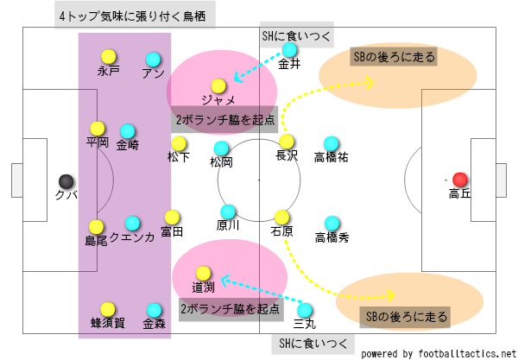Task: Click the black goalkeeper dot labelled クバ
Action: click(x=66, y=180)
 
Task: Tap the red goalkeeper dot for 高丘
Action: click(x=460, y=180)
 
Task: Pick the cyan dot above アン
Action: click(x=153, y=59)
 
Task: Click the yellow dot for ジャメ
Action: click(x=218, y=85)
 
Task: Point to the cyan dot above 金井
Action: click(x=289, y=49)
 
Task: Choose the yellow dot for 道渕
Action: click(x=203, y=273)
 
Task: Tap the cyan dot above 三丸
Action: click(x=304, y=309)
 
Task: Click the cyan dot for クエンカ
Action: click(x=132, y=223)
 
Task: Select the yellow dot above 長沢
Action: click(x=287, y=142)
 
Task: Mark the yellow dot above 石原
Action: click(x=281, y=217)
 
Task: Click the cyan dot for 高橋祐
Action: click(x=331, y=142)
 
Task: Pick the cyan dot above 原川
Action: click(x=228, y=211)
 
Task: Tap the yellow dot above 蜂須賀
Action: click(x=108, y=308)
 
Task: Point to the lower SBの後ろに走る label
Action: click(x=405, y=317)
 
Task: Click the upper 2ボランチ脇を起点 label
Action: click(x=224, y=120)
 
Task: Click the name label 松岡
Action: click(x=222, y=161)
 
